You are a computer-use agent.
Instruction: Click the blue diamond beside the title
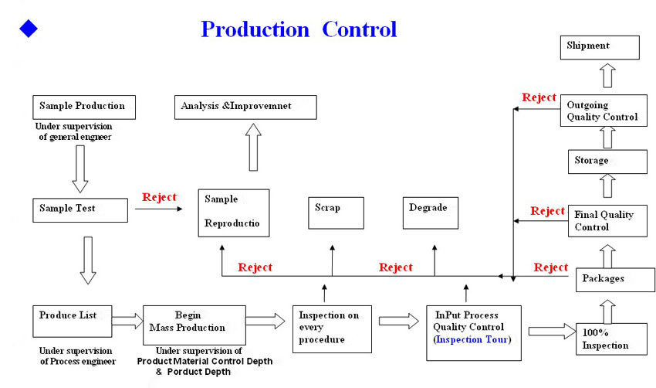[29, 29]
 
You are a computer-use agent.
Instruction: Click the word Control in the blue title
[360, 29]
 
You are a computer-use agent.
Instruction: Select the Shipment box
[600, 47]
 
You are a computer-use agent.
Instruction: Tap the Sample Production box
[84, 107]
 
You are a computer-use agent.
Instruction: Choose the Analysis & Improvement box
[245, 107]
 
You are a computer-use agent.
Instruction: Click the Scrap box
[336, 213]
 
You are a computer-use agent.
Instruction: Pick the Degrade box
[431, 213]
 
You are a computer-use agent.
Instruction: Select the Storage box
[607, 162]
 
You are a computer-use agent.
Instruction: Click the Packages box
[615, 280]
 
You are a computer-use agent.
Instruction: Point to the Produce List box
[73, 321]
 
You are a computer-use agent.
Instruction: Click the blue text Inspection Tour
[472, 339]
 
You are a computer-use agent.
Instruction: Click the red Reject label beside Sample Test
[160, 197]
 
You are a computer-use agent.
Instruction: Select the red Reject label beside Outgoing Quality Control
[539, 97]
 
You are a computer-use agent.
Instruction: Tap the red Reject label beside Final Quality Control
[548, 211]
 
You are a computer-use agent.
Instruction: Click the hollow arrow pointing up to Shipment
[607, 76]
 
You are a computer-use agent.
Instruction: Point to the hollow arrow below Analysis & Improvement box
[253, 147]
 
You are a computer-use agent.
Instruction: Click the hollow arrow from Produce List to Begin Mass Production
[127, 321]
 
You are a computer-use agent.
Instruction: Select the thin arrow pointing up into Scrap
[332, 260]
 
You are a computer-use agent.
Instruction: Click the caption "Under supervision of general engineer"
[74, 131]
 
